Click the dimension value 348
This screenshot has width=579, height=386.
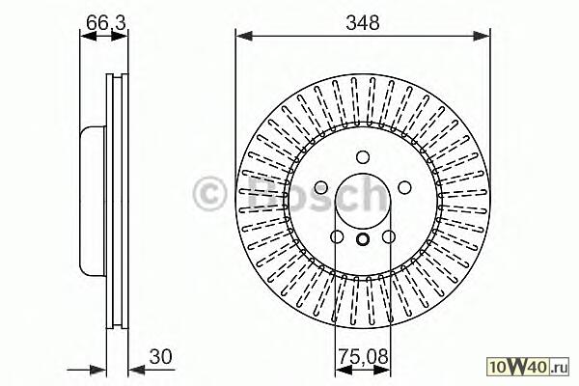[362, 22]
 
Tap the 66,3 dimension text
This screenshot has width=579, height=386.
[106, 22]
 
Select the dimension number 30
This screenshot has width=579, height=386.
[160, 357]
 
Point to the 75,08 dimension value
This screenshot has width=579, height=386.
[364, 357]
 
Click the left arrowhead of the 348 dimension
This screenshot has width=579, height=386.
[244, 36]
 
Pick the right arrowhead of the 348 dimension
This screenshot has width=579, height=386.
[482, 36]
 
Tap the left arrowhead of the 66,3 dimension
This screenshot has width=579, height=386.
[88, 36]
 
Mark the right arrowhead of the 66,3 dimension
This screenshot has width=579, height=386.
[120, 36]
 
